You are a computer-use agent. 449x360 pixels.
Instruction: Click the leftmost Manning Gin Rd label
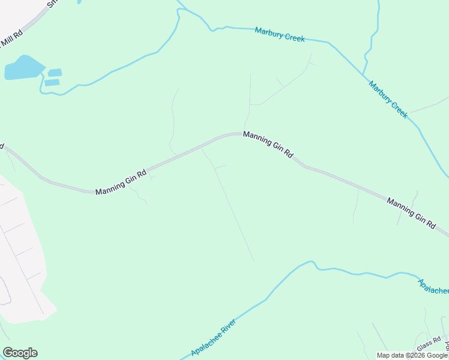tap(121, 182)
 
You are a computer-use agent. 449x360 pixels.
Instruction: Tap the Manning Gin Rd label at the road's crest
tap(268, 145)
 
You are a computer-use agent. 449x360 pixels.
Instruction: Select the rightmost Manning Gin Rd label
tap(411, 212)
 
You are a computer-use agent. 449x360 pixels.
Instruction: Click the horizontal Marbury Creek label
tap(280, 34)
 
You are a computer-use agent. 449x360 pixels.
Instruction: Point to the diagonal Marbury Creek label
tap(388, 99)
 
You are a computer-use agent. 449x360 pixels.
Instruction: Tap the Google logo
tap(20, 353)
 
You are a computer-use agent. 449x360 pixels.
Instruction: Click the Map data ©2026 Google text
tap(412, 355)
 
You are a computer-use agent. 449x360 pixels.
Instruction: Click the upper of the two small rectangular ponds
tap(55, 73)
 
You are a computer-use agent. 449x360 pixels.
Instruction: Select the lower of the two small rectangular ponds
tap(52, 82)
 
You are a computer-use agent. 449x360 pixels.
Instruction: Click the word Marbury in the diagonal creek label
tap(380, 91)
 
